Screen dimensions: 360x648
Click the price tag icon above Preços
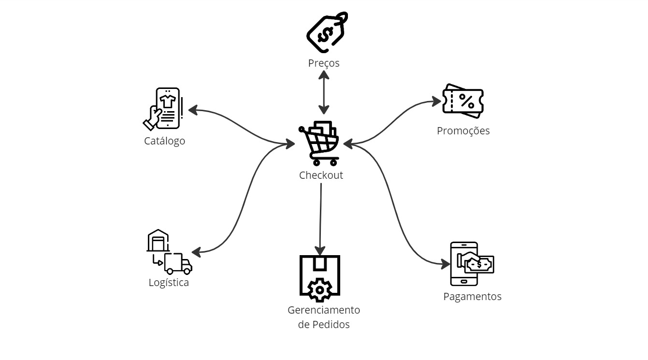tap(327, 33)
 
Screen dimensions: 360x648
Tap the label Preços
tap(324, 63)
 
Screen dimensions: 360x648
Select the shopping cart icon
tap(319, 143)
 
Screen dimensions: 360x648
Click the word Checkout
tap(321, 175)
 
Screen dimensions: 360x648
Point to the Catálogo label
tap(164, 141)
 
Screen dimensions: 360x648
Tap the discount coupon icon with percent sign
tap(463, 101)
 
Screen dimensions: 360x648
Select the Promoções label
tap(463, 131)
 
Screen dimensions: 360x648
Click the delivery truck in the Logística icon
tap(177, 263)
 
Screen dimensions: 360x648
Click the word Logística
tap(169, 283)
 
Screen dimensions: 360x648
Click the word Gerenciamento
tap(324, 310)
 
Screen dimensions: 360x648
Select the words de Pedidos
tap(324, 325)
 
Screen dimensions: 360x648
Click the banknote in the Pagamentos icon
tap(479, 264)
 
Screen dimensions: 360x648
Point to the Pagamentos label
tap(472, 297)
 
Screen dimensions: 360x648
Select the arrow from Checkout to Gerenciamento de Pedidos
tap(320, 217)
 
